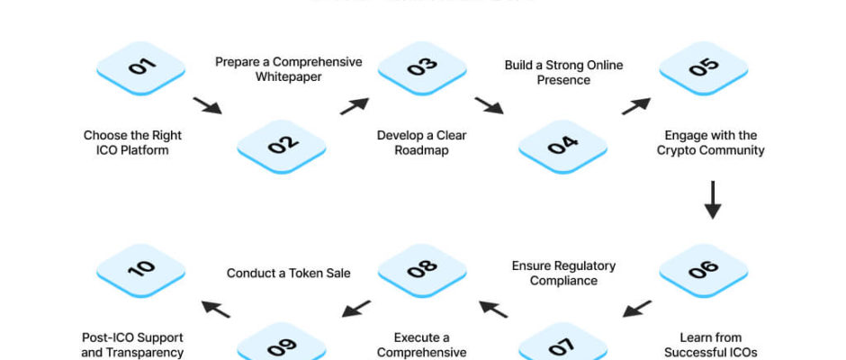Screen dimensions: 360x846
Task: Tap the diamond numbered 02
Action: (x=281, y=143)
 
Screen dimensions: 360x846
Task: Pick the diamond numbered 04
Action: (x=562, y=143)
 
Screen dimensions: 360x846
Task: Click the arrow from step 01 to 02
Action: (x=207, y=106)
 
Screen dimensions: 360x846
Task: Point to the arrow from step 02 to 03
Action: (x=354, y=106)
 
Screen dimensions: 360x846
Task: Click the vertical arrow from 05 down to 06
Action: (x=712, y=200)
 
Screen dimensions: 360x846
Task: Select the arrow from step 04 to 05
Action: (x=635, y=106)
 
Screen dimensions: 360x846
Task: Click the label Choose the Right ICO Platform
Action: (x=132, y=143)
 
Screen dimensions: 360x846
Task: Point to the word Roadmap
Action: (x=421, y=150)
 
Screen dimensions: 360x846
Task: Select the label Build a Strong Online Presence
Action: (x=564, y=72)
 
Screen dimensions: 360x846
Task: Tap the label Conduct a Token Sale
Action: (x=288, y=273)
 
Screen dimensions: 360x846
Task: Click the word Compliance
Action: (x=563, y=280)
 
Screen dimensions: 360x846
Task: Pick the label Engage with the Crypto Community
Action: (x=710, y=143)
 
